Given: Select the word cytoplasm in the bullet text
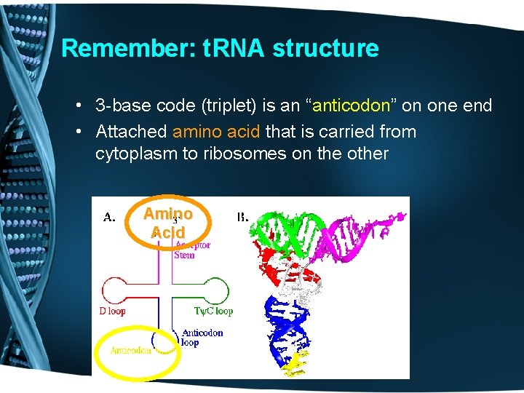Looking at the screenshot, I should click(130, 154).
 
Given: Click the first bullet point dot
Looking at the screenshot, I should click(78, 106).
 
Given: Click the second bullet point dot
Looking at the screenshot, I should click(78, 132).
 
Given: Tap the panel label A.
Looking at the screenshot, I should click(109, 217).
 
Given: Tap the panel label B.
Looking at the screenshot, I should click(242, 217).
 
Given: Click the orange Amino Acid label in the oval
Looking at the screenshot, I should click(168, 223).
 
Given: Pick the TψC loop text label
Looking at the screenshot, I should click(213, 311).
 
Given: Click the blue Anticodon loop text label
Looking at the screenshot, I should click(202, 338).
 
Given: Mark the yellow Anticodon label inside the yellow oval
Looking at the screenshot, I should click(130, 351).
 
